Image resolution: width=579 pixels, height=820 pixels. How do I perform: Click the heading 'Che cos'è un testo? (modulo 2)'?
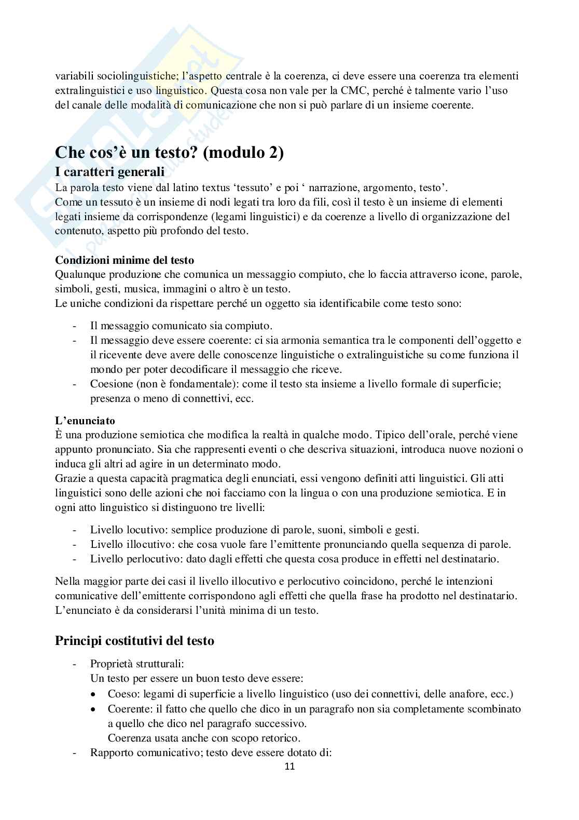coord(169,153)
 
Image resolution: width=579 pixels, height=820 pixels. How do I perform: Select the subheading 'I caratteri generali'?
coord(109,172)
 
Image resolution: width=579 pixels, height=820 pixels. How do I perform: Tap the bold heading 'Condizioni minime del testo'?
coord(125,260)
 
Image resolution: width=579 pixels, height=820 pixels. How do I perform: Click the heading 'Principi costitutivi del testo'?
coord(134,640)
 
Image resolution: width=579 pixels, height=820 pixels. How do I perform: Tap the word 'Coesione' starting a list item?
coord(109,384)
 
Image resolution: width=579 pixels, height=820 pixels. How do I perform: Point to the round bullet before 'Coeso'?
coord(93,694)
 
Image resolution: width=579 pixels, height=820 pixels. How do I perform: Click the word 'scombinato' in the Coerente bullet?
coord(495,709)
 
